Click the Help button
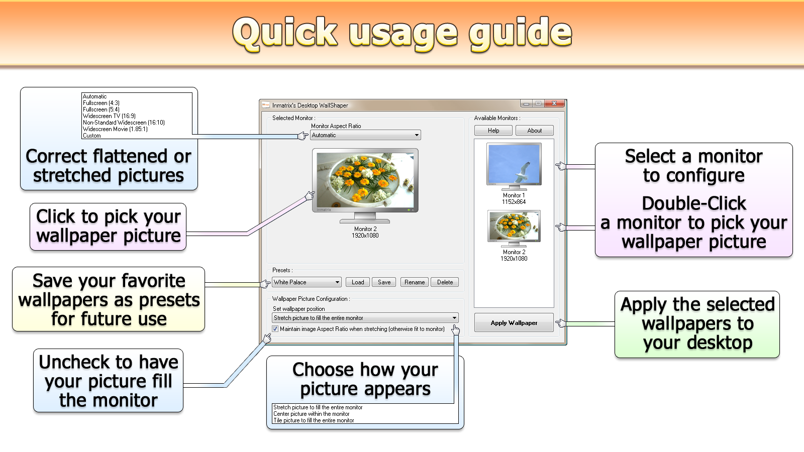pos(493,131)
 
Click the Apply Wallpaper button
pos(514,323)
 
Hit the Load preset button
pos(357,282)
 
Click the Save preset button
pos(384,282)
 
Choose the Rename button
pos(414,282)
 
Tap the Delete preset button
pos(445,282)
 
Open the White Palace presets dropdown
pos(307,282)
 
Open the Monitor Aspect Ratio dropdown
pos(365,135)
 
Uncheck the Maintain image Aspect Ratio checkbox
pos(275,329)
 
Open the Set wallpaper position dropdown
pos(365,318)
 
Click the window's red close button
pos(554,103)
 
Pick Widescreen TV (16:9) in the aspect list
pos(109,116)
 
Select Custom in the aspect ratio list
pos(91,136)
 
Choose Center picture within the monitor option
pos(311,414)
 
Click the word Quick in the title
pos(286,33)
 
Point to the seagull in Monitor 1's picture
pos(523,171)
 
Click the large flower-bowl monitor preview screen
pos(365,180)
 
